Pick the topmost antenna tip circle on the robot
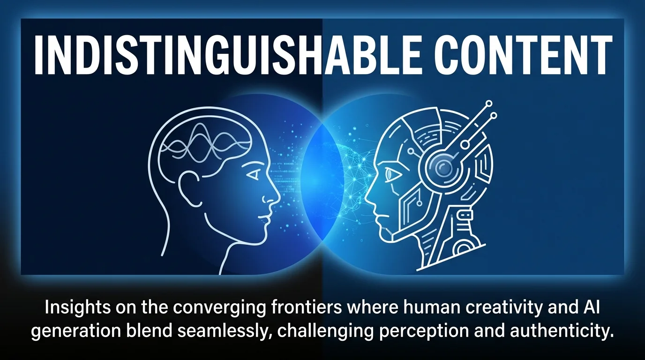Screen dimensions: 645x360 [488, 104]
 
